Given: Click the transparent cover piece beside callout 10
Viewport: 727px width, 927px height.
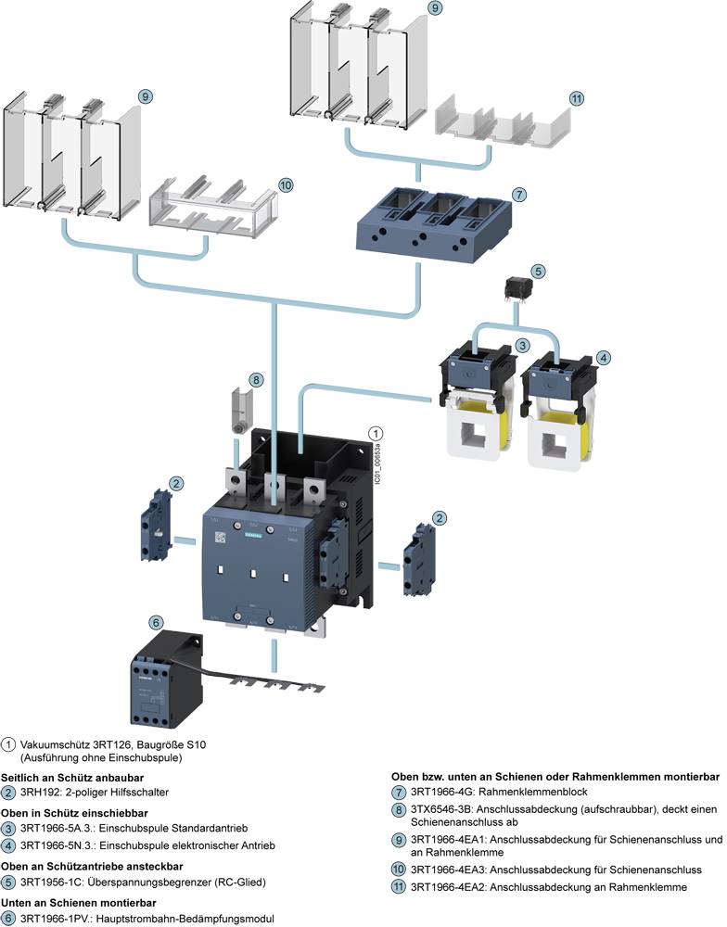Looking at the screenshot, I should (205, 206).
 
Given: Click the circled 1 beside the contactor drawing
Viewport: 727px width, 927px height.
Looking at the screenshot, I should (376, 433).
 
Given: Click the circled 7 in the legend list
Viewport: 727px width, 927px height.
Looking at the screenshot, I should (398, 792).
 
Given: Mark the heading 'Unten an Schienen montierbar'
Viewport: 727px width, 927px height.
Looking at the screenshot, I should (77, 902).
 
